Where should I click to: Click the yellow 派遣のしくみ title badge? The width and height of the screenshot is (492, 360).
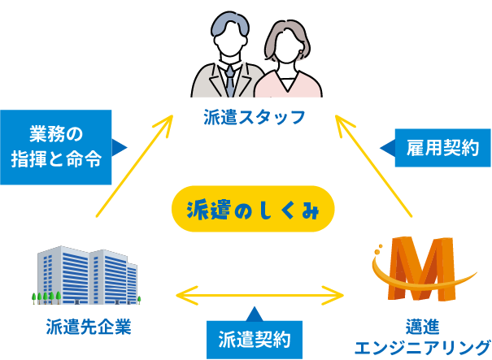click(x=253, y=210)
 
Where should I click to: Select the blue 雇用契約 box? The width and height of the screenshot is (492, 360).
click(x=442, y=147)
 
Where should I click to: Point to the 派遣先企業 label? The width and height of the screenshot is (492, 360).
click(x=89, y=327)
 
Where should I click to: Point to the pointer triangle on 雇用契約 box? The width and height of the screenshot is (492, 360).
click(x=387, y=147)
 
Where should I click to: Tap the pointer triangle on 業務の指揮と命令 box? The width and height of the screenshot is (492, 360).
click(x=120, y=147)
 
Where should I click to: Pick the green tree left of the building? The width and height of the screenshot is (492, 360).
click(x=34, y=294)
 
